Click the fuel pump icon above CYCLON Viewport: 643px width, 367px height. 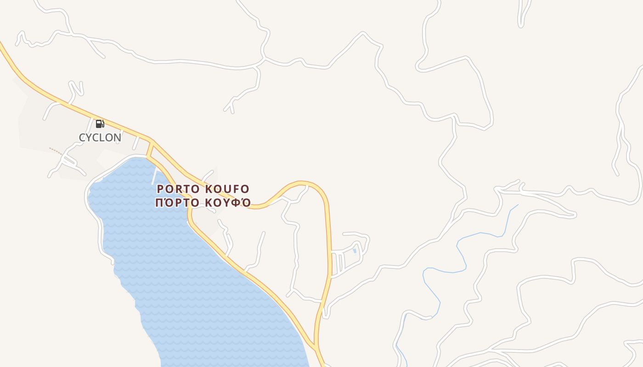[x=100, y=123]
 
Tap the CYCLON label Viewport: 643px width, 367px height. [x=100, y=138]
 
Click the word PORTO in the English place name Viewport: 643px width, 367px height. [x=178, y=189]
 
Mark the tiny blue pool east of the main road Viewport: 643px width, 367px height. [x=355, y=251]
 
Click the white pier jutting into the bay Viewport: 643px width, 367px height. [x=154, y=177]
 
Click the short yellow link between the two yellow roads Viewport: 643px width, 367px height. [x=149, y=150]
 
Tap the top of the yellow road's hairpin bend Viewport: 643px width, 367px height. [x=303, y=183]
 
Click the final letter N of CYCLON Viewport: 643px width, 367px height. [x=117, y=138]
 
